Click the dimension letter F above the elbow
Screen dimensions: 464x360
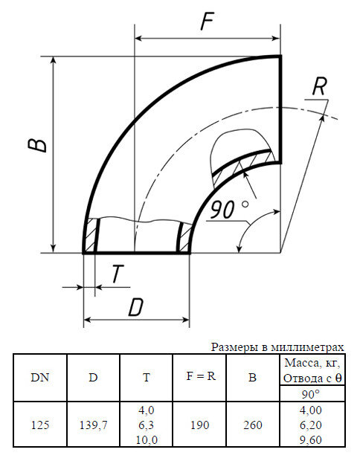(208, 22)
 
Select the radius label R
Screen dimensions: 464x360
(318, 86)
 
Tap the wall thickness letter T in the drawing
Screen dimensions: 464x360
(117, 274)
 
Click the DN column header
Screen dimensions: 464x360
(40, 376)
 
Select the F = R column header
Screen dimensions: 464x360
(200, 376)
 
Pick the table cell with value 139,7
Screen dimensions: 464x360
(93, 425)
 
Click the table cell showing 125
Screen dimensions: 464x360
(40, 425)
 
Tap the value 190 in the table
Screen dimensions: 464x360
(200, 425)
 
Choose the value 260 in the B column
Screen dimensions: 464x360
(252, 425)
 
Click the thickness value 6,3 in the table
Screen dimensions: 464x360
(147, 425)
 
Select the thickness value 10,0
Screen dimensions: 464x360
(147, 439)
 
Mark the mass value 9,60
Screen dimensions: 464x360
(312, 439)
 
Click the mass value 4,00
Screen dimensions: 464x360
(312, 410)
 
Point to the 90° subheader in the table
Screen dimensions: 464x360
(312, 393)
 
